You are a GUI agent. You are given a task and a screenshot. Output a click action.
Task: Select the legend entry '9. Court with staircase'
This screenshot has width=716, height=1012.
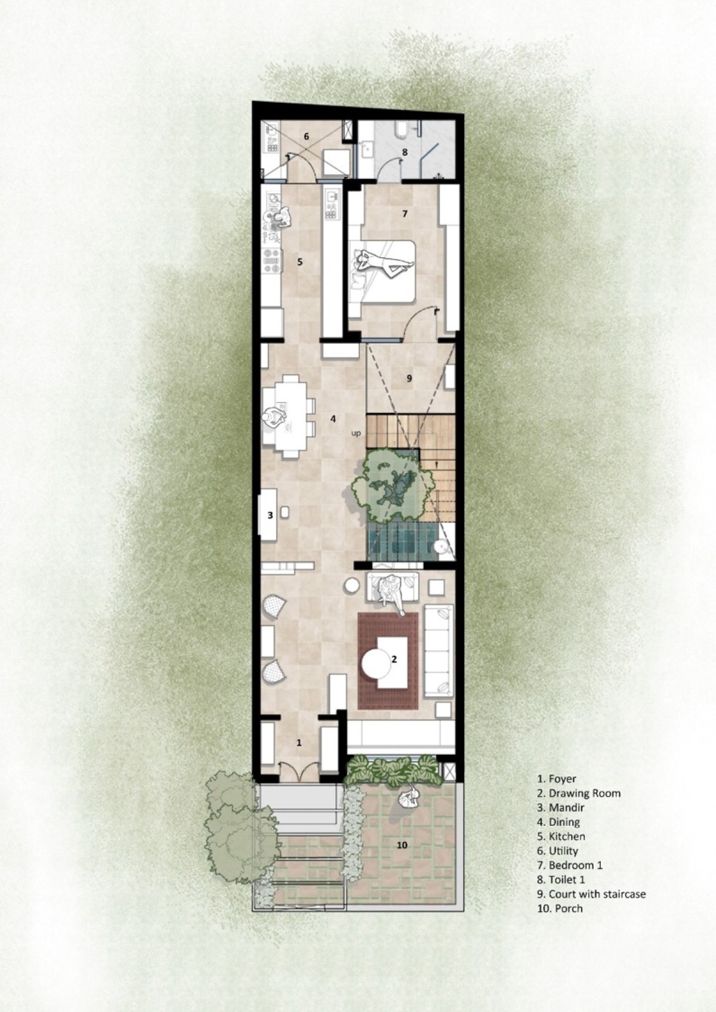591,894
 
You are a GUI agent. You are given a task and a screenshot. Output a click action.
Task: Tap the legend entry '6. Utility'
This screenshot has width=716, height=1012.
557,850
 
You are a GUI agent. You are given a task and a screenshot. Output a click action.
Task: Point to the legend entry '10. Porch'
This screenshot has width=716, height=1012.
560,908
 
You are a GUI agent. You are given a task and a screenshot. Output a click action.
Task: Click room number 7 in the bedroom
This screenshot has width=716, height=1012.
405,214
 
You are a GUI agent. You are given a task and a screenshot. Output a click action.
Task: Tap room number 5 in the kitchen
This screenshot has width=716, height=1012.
300,261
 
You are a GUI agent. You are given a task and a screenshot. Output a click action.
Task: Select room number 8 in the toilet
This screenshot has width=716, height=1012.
405,152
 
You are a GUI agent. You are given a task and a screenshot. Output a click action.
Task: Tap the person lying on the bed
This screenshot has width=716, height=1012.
383,263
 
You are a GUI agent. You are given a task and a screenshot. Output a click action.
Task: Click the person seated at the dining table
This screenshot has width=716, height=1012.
274,418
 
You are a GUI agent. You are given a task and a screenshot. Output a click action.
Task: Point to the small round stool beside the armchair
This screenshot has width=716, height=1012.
351,585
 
